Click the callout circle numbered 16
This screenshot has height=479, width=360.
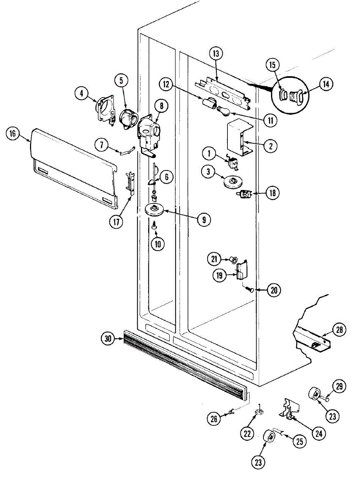pos(13,134)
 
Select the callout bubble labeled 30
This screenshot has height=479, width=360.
pos(107,339)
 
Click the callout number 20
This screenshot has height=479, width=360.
pos(273,290)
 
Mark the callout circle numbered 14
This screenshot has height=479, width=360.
pos(326,84)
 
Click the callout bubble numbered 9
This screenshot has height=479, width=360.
pos(204,219)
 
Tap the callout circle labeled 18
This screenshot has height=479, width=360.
pos(273,193)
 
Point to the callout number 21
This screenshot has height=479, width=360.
pos(214,259)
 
